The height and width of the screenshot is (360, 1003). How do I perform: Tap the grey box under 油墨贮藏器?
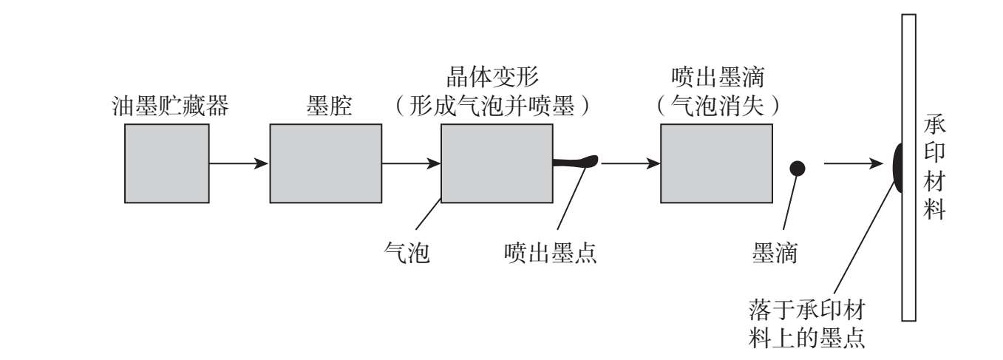[166, 163]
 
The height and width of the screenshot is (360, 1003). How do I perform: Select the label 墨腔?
[325, 106]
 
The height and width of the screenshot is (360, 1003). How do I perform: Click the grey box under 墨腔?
[325, 163]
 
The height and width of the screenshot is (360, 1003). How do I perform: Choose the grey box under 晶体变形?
[496, 163]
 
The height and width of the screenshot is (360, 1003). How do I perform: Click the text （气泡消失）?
[715, 106]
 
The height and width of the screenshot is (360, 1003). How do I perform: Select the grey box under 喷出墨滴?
[715, 163]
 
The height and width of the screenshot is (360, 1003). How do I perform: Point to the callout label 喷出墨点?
[548, 254]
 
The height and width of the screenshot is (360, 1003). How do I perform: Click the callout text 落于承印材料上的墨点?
[807, 322]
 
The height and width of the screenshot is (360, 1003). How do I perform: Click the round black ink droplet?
[797, 168]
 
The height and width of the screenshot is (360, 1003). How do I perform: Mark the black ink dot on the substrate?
[897, 167]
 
